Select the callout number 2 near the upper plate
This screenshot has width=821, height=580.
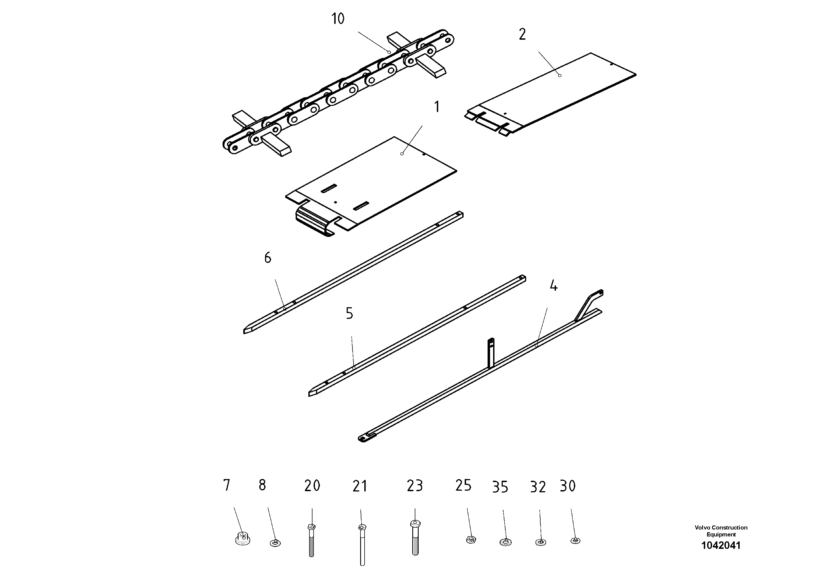[522, 35]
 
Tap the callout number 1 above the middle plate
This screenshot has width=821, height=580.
[436, 107]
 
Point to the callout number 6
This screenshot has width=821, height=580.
[268, 258]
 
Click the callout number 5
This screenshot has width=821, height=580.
[349, 314]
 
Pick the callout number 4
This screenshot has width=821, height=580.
[553, 286]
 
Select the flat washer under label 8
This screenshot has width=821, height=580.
[275, 543]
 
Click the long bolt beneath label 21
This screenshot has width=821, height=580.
[362, 545]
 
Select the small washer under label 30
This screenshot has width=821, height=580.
[575, 541]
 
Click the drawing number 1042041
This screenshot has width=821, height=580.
[721, 545]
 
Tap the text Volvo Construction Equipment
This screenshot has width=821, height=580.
[721, 531]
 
